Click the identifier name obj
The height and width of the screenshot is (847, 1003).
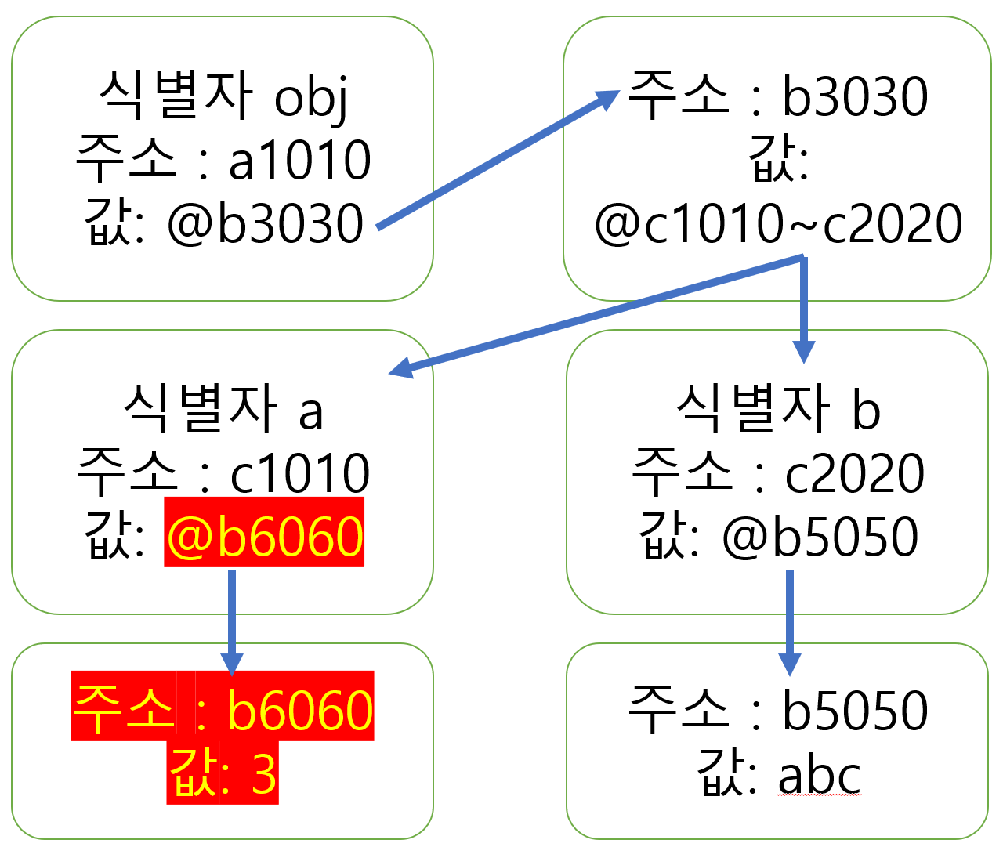[311, 98]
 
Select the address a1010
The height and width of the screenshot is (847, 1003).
[300, 161]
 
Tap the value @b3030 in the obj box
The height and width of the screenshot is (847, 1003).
[266, 223]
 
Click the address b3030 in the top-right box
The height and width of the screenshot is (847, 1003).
[855, 98]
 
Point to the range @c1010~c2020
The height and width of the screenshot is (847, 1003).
[778, 223]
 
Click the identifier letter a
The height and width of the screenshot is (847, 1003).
[311, 411]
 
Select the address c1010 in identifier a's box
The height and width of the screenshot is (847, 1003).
[300, 474]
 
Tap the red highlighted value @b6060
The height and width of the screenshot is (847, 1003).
[265, 537]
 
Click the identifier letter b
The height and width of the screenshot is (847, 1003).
[866, 411]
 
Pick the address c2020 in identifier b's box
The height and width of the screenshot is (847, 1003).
[855, 474]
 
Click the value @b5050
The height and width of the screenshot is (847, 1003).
[820, 537]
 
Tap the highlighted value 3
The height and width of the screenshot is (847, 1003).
[264, 775]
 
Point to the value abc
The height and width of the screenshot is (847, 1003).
[820, 775]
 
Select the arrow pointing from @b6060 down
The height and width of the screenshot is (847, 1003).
[232, 619]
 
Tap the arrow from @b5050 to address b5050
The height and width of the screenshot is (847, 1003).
[790, 619]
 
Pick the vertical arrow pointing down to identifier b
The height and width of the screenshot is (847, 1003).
[803, 309]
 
